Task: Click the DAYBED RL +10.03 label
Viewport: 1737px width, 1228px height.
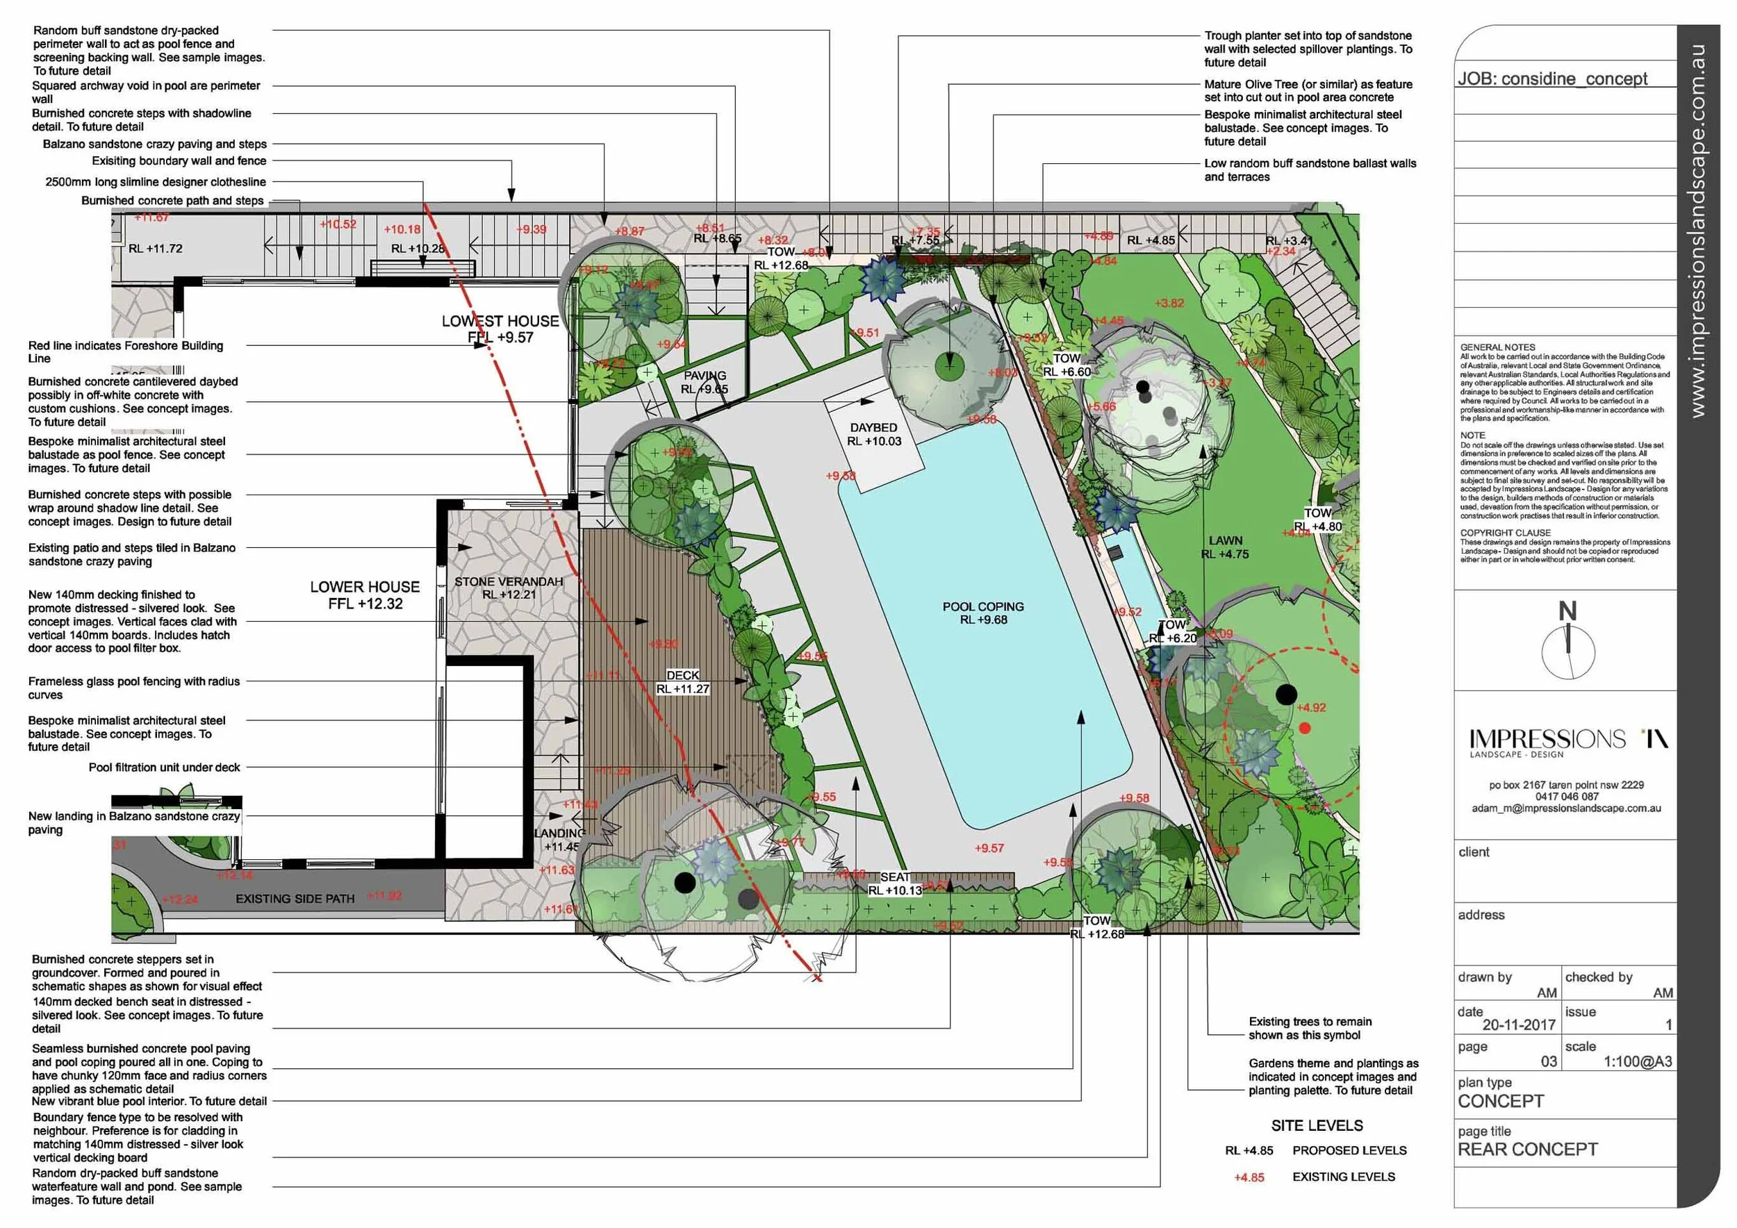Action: pyautogui.click(x=874, y=435)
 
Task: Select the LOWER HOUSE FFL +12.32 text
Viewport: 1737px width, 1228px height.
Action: pyautogui.click(x=365, y=595)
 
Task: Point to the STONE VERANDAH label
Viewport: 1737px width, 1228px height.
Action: pyautogui.click(x=509, y=582)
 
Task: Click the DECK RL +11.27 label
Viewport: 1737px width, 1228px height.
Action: pyautogui.click(x=682, y=682)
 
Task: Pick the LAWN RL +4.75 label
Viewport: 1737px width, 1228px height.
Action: pyautogui.click(x=1225, y=547)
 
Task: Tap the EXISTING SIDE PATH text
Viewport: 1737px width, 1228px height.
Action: pyautogui.click(x=295, y=899)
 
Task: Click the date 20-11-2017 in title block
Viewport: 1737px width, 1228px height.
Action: pyautogui.click(x=1518, y=1025)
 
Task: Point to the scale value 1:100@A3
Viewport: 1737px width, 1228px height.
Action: pyautogui.click(x=1638, y=1061)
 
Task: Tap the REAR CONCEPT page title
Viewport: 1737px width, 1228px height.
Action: pyautogui.click(x=1527, y=1150)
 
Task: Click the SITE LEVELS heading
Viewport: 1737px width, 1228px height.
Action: pyautogui.click(x=1317, y=1126)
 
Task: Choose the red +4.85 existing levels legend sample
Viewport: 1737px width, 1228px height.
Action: pyautogui.click(x=1249, y=1177)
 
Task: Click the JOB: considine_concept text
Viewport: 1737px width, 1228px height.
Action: pyautogui.click(x=1552, y=78)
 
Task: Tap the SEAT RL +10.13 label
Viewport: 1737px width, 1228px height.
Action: pyautogui.click(x=895, y=884)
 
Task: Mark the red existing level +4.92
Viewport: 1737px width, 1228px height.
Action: pyautogui.click(x=1311, y=708)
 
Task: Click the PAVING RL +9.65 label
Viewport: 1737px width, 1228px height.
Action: pyautogui.click(x=705, y=383)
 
